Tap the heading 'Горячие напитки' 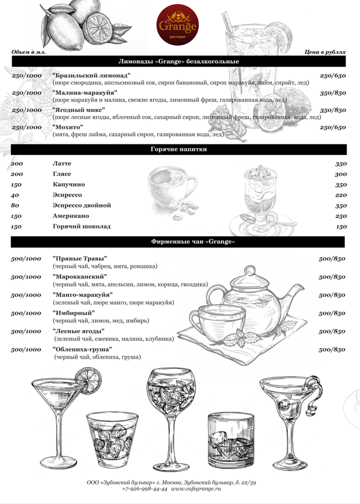(x=179, y=150)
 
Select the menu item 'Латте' (x=61, y=164)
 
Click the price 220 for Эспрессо (x=340, y=195)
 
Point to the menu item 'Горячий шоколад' (x=81, y=227)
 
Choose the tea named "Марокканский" (x=79, y=277)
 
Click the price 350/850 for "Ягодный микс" (x=332, y=110)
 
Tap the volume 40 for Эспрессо (x=15, y=195)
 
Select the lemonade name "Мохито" (x=68, y=127)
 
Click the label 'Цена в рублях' (x=325, y=52)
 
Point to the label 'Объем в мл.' (x=28, y=52)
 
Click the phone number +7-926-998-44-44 (x=144, y=489)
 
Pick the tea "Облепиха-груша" (x=82, y=350)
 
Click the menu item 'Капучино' (x=68, y=185)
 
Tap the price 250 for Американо (x=340, y=216)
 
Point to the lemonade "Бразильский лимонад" (x=91, y=76)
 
